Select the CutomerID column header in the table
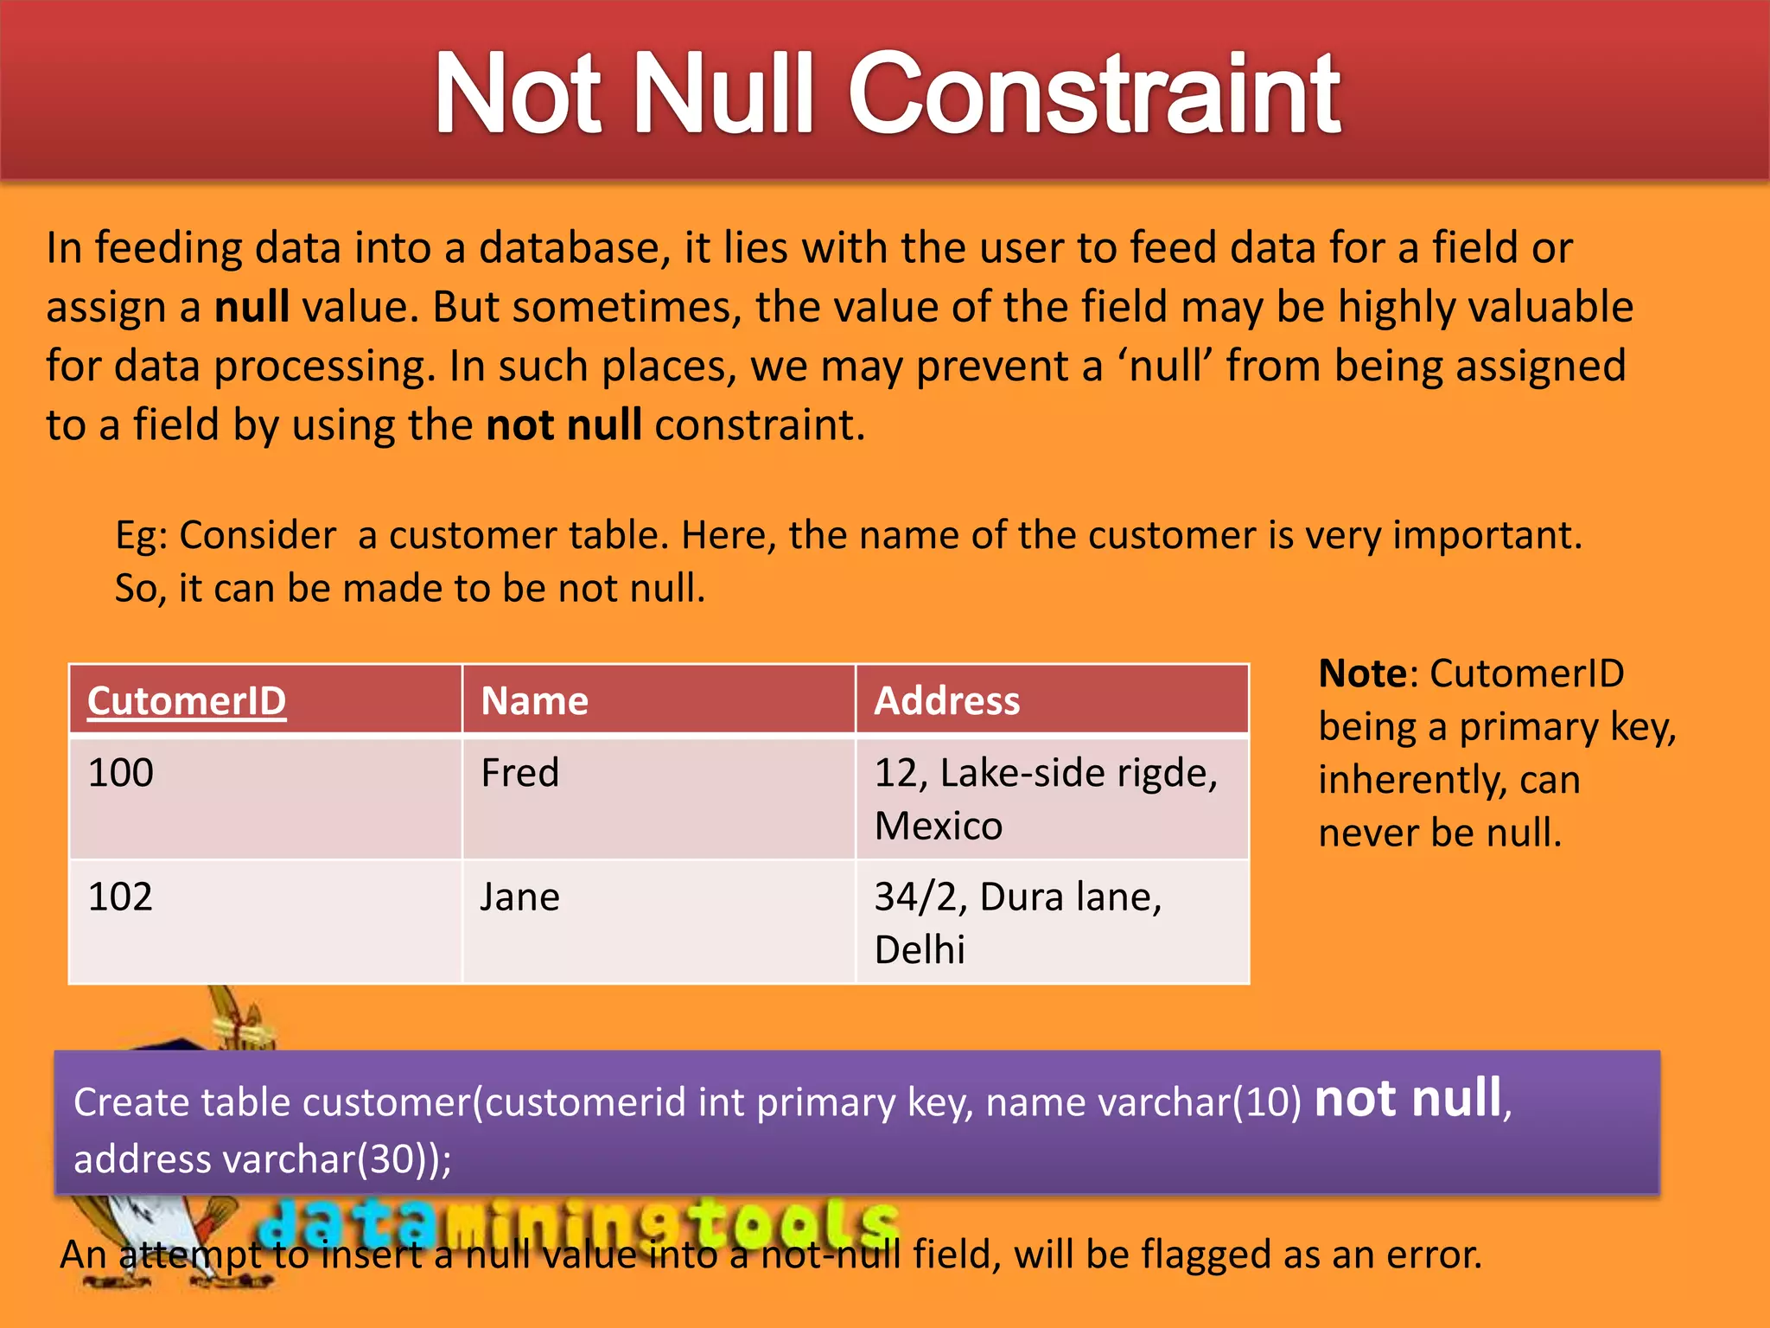[x=187, y=700]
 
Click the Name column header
[x=534, y=700]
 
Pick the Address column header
[x=946, y=700]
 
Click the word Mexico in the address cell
[x=938, y=826]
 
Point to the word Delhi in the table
[x=919, y=950]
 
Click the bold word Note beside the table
[x=1362, y=674]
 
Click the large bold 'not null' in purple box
[x=1408, y=1099]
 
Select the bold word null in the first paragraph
[x=251, y=307]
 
